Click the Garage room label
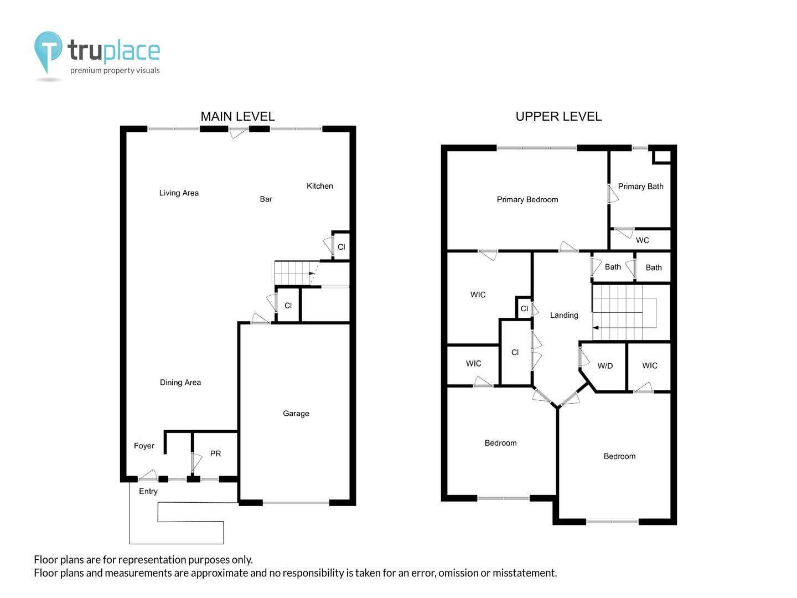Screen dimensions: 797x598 [296, 413]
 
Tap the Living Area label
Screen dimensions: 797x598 [179, 193]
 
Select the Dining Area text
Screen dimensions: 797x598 [180, 382]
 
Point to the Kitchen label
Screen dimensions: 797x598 [319, 186]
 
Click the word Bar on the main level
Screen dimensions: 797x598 [266, 199]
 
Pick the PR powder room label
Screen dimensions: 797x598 [215, 453]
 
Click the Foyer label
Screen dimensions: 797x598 [144, 446]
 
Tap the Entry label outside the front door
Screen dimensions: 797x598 [148, 491]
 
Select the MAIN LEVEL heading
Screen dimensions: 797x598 [238, 116]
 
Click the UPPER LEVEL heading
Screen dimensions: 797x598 [558, 116]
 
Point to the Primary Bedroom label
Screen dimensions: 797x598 [527, 199]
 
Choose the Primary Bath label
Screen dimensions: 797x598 [640, 186]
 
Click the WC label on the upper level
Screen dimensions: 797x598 [643, 240]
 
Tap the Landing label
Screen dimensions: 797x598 [564, 315]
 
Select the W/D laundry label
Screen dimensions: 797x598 [605, 366]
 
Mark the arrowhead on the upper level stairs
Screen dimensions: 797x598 [596, 327]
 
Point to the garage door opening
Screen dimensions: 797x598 [296, 503]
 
